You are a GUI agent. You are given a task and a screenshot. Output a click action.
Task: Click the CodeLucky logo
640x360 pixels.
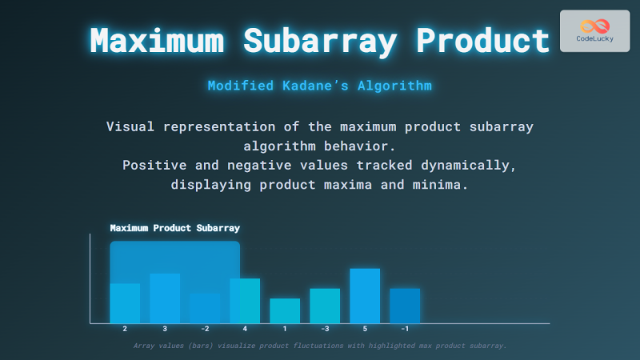point(594,30)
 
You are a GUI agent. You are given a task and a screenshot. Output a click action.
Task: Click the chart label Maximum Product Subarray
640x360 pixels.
point(174,228)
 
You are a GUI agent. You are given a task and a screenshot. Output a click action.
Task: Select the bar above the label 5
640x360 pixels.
point(365,295)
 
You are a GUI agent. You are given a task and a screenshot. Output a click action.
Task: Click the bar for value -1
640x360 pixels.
point(405,305)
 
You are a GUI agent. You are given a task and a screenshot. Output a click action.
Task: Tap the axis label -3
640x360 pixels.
point(325,329)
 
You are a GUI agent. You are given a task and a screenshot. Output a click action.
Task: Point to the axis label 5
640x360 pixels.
point(365,329)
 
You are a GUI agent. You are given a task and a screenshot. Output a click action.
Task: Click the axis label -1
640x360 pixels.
point(405,329)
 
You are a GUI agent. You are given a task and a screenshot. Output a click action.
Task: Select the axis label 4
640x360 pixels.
point(245,329)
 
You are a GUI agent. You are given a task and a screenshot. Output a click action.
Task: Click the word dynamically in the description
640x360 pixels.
point(471,165)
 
